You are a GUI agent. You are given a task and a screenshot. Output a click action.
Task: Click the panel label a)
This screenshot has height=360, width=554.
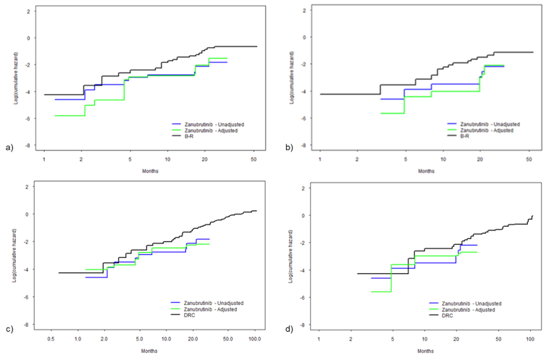point(9,148)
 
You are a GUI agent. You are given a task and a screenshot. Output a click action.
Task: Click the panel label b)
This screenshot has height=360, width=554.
point(289,148)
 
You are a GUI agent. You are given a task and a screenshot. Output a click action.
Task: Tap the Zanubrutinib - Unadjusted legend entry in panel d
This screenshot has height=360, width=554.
point(478,303)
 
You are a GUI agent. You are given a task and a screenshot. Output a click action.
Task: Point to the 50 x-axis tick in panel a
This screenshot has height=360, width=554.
point(253,158)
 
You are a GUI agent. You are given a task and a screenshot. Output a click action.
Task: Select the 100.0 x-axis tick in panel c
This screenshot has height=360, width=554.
point(255,338)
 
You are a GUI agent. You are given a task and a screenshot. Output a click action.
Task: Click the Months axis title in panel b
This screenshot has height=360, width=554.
point(427,171)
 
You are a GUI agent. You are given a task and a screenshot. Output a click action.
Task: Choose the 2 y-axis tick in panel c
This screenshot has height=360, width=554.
point(29,187)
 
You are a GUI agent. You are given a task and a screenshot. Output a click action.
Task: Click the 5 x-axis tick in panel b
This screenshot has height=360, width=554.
point(405,158)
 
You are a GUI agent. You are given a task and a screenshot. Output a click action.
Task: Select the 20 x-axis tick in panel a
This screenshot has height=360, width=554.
point(205,158)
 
